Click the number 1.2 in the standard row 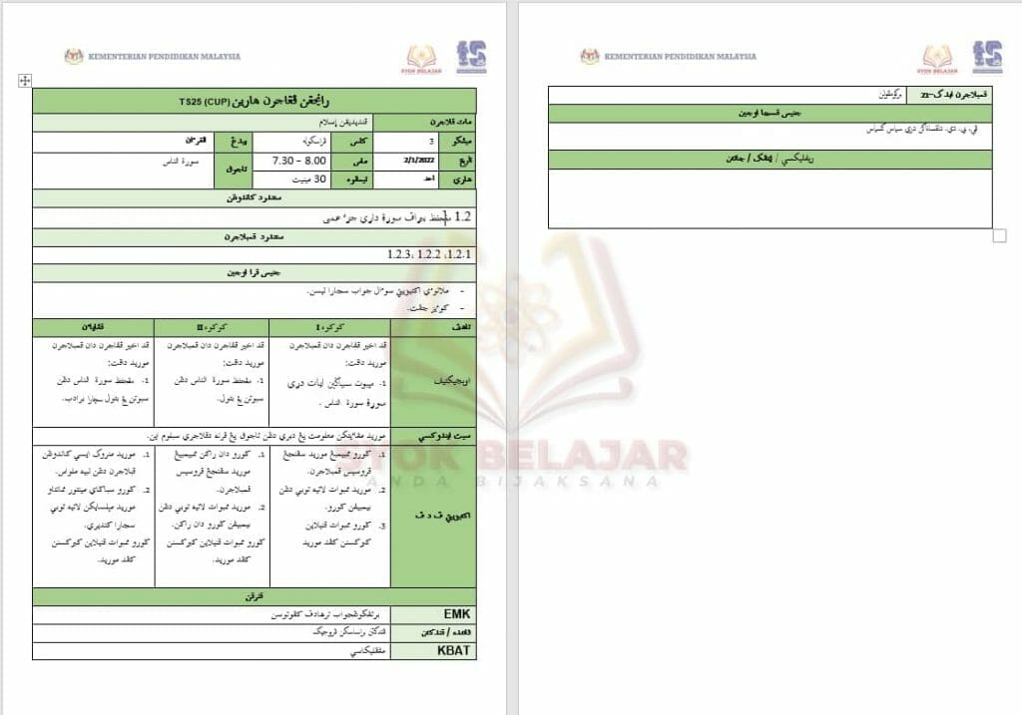(x=461, y=216)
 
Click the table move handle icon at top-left (x=24, y=81)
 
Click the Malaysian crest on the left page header (x=74, y=57)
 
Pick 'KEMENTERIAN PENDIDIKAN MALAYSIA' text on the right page (x=680, y=57)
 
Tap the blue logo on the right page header (x=987, y=57)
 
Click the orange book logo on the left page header (x=422, y=58)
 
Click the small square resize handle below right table (x=1000, y=235)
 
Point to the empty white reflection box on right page (x=769, y=198)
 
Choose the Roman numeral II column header (x=211, y=327)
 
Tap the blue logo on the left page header (x=471, y=57)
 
